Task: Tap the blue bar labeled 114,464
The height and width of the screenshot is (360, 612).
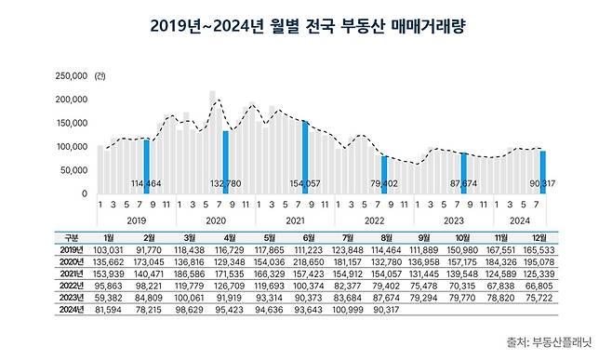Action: (x=146, y=167)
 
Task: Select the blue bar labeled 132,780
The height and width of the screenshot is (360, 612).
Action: (x=225, y=162)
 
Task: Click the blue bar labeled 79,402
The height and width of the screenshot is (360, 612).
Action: (x=383, y=175)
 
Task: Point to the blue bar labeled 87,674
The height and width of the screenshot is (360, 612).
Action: (x=463, y=173)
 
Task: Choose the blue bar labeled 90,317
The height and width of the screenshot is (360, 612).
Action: (x=542, y=172)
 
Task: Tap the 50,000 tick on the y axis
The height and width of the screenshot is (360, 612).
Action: (x=74, y=170)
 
